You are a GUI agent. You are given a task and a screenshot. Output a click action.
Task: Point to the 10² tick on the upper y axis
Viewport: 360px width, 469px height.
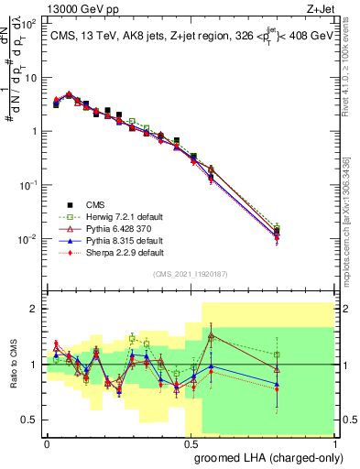[29, 23]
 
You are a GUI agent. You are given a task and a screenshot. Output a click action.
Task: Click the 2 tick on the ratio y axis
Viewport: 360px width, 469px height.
[35, 309]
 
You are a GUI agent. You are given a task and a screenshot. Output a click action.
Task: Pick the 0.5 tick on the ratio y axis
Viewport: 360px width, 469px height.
[30, 420]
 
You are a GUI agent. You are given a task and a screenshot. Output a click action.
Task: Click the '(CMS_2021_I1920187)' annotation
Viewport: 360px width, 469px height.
[191, 273]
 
